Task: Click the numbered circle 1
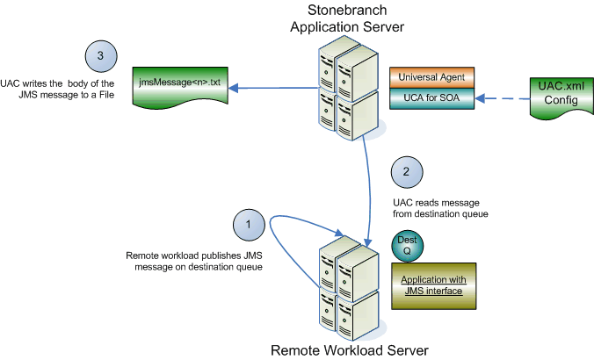(x=249, y=226)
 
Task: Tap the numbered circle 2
(x=407, y=172)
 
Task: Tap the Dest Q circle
(x=406, y=245)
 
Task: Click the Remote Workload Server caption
(x=349, y=350)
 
